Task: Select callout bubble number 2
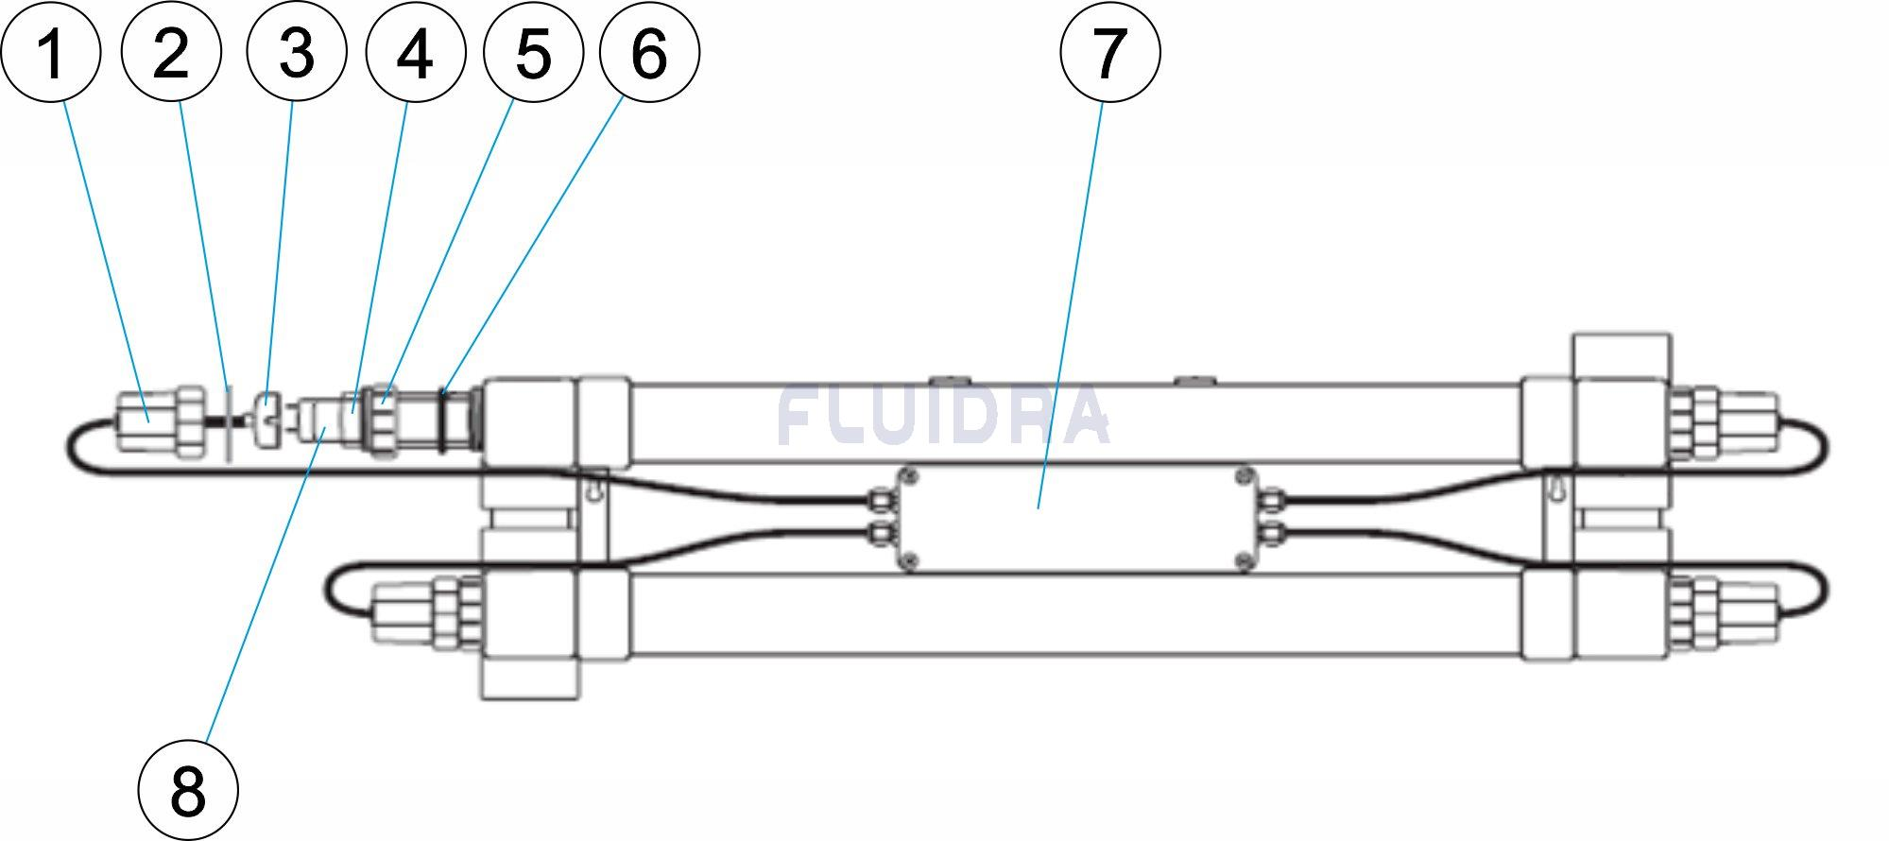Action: (171, 53)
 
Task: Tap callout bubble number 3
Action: (296, 53)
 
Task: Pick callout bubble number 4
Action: (416, 53)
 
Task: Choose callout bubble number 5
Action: (533, 53)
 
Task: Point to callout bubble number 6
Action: (649, 53)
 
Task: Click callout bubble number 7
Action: (1109, 53)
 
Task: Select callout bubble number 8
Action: (187, 790)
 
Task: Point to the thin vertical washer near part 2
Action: (229, 421)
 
